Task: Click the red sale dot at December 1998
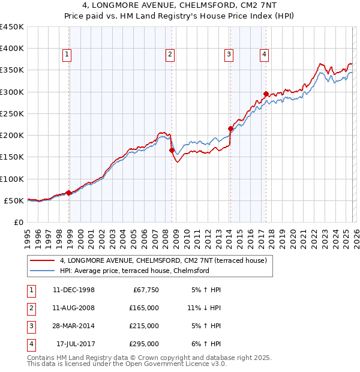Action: (69, 193)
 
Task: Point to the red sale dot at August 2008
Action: (172, 151)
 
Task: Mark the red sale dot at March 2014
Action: (230, 128)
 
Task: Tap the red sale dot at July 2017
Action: (266, 94)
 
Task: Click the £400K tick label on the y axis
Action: (12, 49)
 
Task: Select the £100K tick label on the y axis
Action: (12, 179)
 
